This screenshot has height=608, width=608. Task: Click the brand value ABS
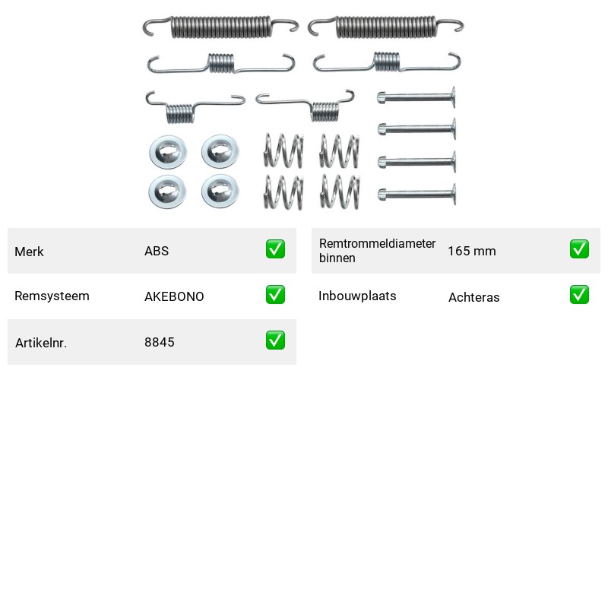[x=157, y=251]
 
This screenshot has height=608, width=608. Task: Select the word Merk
[x=29, y=252]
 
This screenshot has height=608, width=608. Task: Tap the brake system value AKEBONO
[x=174, y=296]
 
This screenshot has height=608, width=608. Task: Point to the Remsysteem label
[x=52, y=296]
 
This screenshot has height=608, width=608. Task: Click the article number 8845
[x=160, y=342]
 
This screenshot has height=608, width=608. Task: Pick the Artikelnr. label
[x=41, y=343]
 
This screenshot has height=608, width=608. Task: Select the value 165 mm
[x=472, y=251]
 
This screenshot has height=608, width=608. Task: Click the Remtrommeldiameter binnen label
[x=377, y=251]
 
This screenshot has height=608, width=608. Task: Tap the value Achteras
[x=473, y=297]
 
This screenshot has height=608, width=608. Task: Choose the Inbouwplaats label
[x=357, y=296]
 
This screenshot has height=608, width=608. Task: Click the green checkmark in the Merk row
[x=275, y=249]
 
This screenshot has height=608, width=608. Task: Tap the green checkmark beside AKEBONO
[x=275, y=295]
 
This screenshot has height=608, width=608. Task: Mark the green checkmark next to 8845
[x=275, y=340]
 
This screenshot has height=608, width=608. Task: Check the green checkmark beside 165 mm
[x=579, y=249]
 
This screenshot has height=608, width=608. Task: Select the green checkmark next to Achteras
[x=579, y=295]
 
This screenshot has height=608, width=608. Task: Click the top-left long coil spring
[x=220, y=27]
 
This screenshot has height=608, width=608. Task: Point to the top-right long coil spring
[x=385, y=27]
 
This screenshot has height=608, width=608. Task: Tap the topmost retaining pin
[x=416, y=97]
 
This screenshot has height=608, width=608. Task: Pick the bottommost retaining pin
[x=416, y=194]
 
